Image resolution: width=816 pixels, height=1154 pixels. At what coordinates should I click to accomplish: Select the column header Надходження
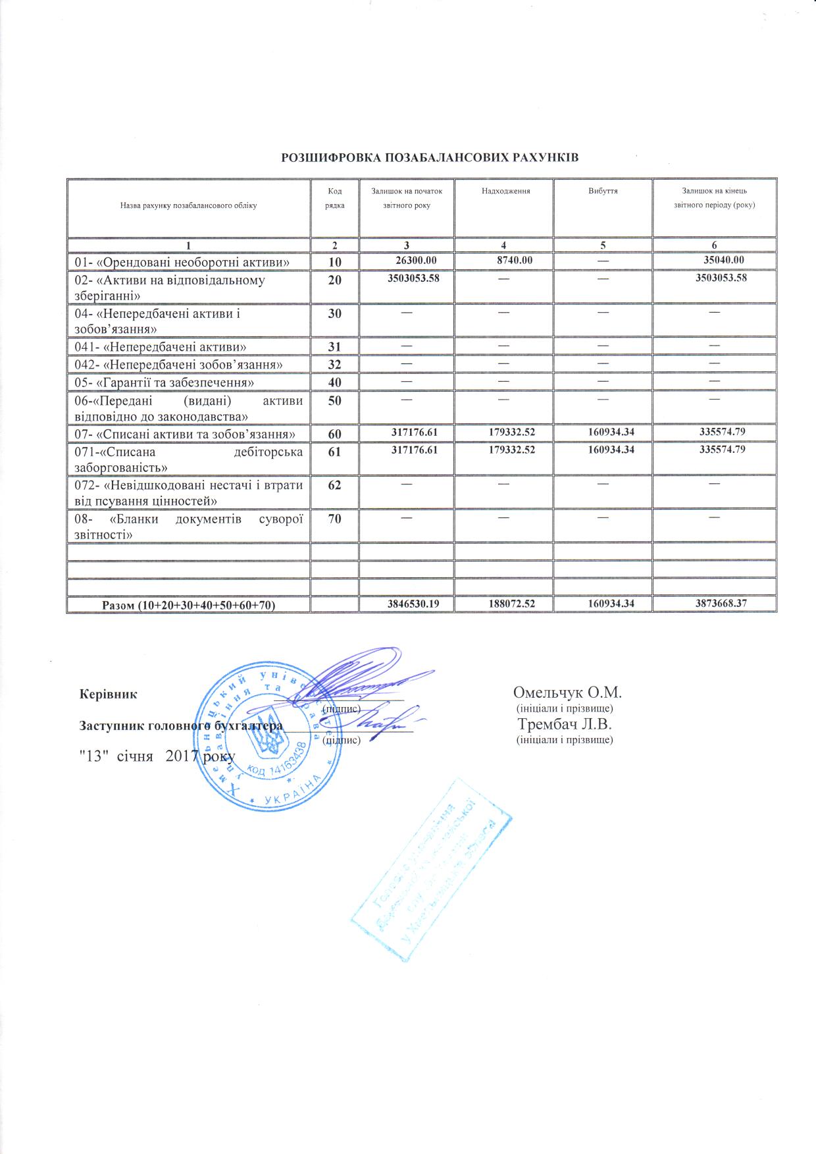click(505, 191)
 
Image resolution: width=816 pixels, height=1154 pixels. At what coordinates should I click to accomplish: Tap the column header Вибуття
click(602, 191)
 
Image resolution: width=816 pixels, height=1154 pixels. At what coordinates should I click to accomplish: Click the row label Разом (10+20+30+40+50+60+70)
click(188, 604)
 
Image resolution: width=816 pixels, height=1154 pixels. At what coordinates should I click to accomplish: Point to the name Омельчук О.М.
click(567, 693)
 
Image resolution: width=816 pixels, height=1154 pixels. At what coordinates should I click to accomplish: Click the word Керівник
click(107, 693)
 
